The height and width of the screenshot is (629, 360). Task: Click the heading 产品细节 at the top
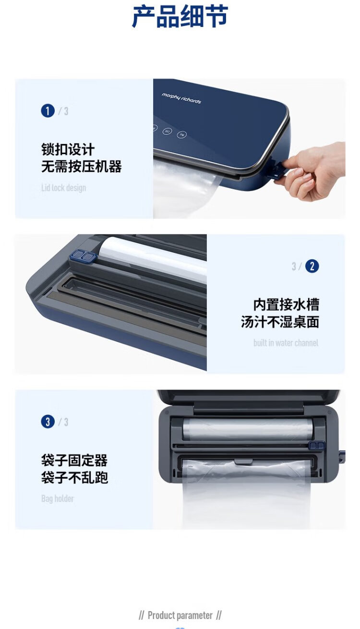tap(180, 17)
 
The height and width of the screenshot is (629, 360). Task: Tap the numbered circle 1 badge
tap(48, 110)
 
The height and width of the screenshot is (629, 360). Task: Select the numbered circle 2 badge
tap(312, 266)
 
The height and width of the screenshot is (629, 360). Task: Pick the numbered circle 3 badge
tap(48, 422)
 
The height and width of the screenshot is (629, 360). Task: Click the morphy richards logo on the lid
tap(181, 98)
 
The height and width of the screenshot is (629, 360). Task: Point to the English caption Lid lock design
tap(64, 188)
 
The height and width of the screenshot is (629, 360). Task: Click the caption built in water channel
tap(286, 343)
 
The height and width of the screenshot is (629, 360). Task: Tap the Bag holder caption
tap(58, 499)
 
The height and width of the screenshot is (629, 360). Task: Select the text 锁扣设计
tap(68, 149)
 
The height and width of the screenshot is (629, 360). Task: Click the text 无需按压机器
tap(82, 166)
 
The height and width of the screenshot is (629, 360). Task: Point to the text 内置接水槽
tap(286, 305)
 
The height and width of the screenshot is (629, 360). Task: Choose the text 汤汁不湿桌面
tap(280, 322)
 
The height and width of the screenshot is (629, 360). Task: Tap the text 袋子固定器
tap(74, 460)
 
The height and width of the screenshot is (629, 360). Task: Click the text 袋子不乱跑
tap(74, 477)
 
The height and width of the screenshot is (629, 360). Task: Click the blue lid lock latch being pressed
tap(276, 171)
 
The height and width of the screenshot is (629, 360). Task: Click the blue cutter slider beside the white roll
tap(83, 256)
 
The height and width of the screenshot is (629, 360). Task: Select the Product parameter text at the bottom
tap(180, 615)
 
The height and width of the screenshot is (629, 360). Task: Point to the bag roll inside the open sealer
tap(247, 429)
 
